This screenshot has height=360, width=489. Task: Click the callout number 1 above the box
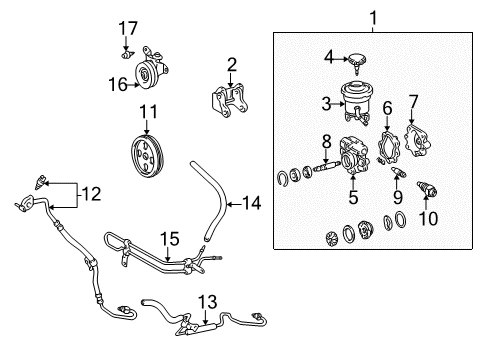coord(374,18)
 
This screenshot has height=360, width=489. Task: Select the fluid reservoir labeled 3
coord(357,102)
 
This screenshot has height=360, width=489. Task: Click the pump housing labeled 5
coord(354,155)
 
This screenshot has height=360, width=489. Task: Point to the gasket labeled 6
coord(388,147)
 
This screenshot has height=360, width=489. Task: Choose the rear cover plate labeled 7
coord(417,141)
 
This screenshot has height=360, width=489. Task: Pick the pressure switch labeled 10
coord(427,189)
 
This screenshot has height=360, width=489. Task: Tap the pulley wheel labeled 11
coord(147,156)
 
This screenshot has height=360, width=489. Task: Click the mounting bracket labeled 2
coord(229,101)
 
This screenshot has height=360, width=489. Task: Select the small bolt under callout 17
coord(127,55)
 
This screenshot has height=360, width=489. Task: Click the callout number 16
coord(118,84)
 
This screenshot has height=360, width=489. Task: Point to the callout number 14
coord(252,203)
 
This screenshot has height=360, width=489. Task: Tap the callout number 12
coord(91,194)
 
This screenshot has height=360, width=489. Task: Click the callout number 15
coord(170,239)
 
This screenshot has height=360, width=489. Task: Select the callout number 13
coord(207,302)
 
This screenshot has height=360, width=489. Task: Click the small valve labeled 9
coord(399,172)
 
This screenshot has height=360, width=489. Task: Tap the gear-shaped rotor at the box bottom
coord(332,238)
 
